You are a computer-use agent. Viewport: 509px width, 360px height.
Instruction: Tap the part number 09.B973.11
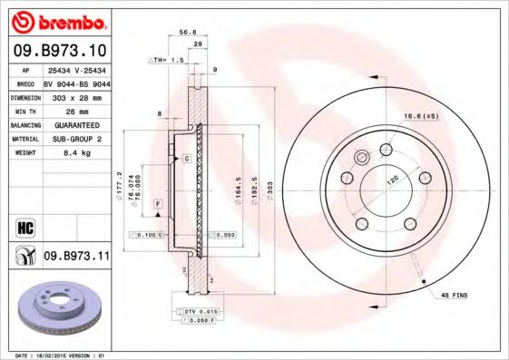[x=76, y=257]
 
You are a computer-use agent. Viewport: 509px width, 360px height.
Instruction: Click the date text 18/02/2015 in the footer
[x=63, y=355]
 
